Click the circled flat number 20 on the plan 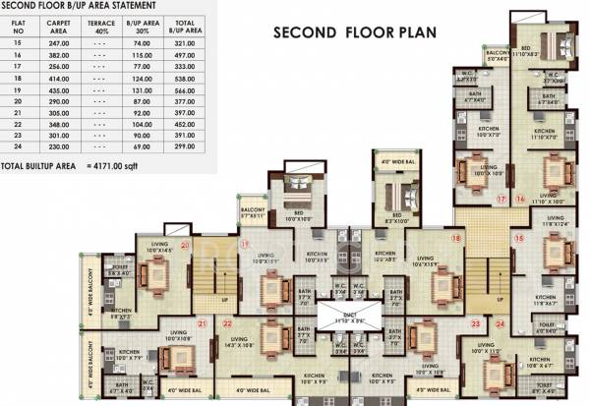(x=184, y=245)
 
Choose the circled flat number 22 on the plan (x=227, y=322)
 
